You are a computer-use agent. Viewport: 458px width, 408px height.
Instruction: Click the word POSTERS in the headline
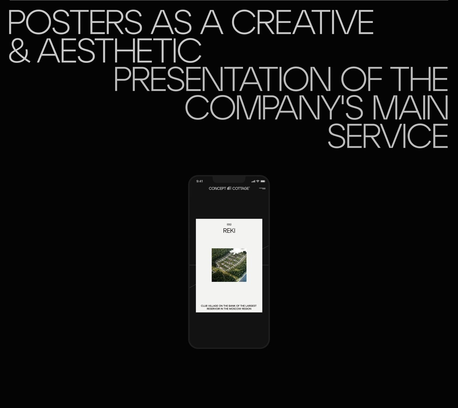[75, 22]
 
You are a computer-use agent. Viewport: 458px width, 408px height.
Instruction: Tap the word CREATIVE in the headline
[302, 22]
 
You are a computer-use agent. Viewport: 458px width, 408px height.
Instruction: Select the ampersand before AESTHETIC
[19, 51]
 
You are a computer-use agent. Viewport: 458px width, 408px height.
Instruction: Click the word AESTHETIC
[119, 51]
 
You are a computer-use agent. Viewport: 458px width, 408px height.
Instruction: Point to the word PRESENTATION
[223, 79]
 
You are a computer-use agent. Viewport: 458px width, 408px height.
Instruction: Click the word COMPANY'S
[274, 107]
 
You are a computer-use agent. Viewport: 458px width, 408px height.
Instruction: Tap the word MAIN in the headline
[410, 107]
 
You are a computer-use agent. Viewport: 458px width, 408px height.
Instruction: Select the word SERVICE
[388, 136]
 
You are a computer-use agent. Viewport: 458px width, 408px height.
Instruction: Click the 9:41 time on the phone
[200, 181]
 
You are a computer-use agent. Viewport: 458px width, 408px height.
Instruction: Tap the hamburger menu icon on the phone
[262, 188]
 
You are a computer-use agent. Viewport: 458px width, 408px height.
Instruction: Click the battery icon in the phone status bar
[263, 181]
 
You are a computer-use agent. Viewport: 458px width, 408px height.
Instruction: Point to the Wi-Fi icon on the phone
[258, 181]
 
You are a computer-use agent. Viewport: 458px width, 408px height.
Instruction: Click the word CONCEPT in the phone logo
[217, 189]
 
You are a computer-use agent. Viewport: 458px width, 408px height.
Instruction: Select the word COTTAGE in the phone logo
[241, 189]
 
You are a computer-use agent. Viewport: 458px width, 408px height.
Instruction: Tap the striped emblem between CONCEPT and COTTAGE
[229, 188]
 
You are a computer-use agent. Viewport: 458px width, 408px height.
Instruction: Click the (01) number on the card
[229, 225]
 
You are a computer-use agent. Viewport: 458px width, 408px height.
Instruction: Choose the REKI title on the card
[229, 231]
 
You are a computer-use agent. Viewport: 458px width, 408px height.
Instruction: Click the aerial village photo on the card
[229, 265]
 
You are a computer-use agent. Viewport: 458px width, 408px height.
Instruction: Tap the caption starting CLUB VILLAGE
[229, 307]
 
